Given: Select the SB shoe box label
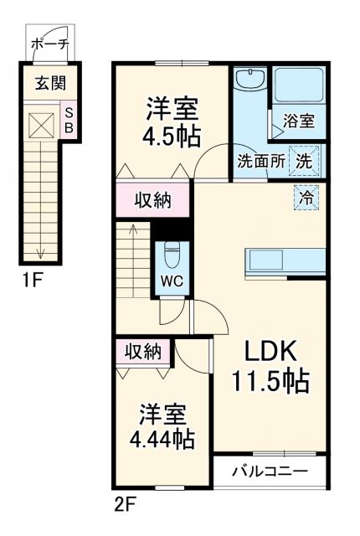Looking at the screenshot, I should [x=69, y=120].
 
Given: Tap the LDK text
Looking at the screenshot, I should [x=270, y=351].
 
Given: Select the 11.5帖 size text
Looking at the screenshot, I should [x=270, y=382].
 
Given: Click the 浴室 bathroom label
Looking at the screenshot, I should [x=298, y=121].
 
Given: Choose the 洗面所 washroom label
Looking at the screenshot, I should [x=260, y=159].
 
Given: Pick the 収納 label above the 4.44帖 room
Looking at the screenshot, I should [x=145, y=350].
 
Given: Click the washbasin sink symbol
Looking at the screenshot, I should [x=249, y=81].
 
